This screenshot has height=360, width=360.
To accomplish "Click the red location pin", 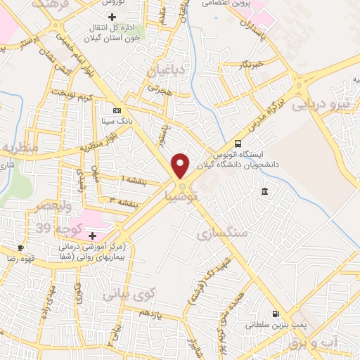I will click(x=181, y=165).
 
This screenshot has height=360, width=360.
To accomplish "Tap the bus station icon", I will click(x=237, y=143).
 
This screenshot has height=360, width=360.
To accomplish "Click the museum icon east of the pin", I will click(x=264, y=192).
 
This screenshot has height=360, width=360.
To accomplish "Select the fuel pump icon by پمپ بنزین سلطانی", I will click(x=276, y=314).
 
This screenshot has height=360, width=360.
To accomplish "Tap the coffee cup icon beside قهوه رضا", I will click(x=21, y=247).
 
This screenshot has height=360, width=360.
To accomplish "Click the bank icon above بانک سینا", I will click(x=116, y=110).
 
